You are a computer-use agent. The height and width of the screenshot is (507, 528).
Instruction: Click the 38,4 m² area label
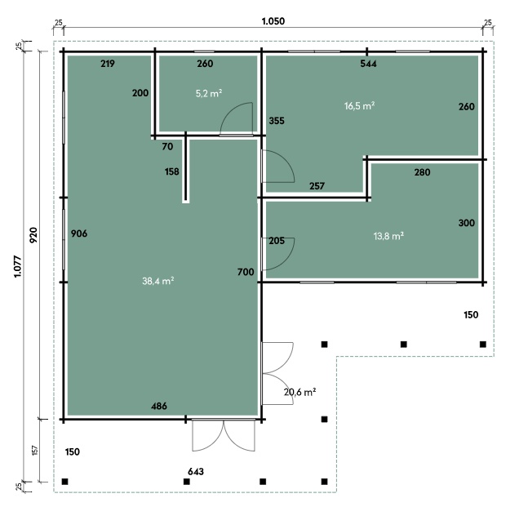tap(158, 281)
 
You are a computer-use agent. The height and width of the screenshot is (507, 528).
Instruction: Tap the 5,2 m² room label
tap(209, 93)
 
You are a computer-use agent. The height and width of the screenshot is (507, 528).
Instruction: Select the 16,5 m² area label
tap(359, 106)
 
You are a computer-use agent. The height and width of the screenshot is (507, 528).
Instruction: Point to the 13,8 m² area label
tap(388, 236)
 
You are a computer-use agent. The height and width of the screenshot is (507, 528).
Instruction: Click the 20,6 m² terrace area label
tap(299, 392)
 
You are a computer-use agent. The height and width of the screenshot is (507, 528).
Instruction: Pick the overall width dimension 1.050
tap(273, 21)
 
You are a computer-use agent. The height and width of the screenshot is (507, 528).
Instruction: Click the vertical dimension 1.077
tap(17, 267)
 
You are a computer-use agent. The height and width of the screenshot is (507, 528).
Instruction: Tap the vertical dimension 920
tap(33, 235)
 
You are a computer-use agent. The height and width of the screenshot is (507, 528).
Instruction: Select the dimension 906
tap(79, 233)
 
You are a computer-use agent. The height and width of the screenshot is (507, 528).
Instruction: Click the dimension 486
tap(159, 406)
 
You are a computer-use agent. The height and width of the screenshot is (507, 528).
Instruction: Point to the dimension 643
tap(196, 471)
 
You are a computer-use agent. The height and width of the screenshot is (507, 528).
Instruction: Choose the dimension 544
tap(368, 64)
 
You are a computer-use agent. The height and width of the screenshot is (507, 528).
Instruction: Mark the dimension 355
tap(277, 121)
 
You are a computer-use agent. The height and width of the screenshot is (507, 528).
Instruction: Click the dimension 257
tap(317, 186)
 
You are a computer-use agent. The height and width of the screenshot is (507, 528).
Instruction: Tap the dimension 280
tap(422, 172)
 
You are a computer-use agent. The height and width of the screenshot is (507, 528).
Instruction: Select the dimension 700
tap(246, 272)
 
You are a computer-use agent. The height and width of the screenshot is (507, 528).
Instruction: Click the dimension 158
tap(171, 171)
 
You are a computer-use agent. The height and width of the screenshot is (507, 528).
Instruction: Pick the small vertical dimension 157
tap(35, 451)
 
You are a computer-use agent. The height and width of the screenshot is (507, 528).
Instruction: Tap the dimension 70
tap(167, 146)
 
